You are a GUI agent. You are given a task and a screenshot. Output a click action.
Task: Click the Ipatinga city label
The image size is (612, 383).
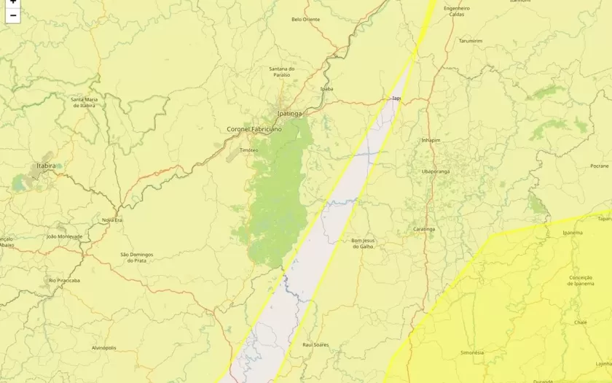[x=289, y=114]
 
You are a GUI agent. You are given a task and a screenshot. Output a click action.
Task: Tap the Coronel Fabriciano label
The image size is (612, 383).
[x=254, y=129]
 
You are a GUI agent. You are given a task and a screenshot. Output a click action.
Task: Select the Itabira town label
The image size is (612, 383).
[x=46, y=166]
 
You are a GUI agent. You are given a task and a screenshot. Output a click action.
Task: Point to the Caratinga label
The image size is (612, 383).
[x=424, y=229]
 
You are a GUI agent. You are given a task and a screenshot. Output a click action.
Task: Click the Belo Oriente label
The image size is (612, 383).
[x=305, y=20]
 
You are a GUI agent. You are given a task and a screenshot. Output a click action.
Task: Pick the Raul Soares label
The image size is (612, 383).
[x=315, y=344]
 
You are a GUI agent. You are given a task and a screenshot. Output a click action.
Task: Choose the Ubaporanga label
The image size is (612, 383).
[x=435, y=171]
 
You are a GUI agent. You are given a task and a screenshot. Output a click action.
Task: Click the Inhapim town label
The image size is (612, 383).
[x=431, y=140]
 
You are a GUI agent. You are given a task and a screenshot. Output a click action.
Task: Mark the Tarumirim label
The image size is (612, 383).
[x=471, y=41]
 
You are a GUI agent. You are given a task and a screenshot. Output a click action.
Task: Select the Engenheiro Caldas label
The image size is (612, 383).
[x=457, y=11]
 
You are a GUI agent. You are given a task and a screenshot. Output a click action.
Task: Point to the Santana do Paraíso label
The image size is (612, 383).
[x=281, y=71]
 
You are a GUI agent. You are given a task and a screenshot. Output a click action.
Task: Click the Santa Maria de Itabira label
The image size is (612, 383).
[x=84, y=102]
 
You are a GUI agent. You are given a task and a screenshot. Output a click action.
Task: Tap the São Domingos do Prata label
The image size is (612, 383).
[x=136, y=257]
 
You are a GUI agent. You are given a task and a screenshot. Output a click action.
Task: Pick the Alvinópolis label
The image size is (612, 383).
[x=104, y=348]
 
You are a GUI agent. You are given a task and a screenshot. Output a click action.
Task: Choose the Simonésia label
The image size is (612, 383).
[x=472, y=352]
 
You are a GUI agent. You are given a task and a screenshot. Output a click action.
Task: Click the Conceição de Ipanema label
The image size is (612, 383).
[x=580, y=280]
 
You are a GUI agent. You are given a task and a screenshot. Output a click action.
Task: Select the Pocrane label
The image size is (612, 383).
[x=599, y=166]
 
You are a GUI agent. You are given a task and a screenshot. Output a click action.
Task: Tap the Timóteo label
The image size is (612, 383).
[x=249, y=150]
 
